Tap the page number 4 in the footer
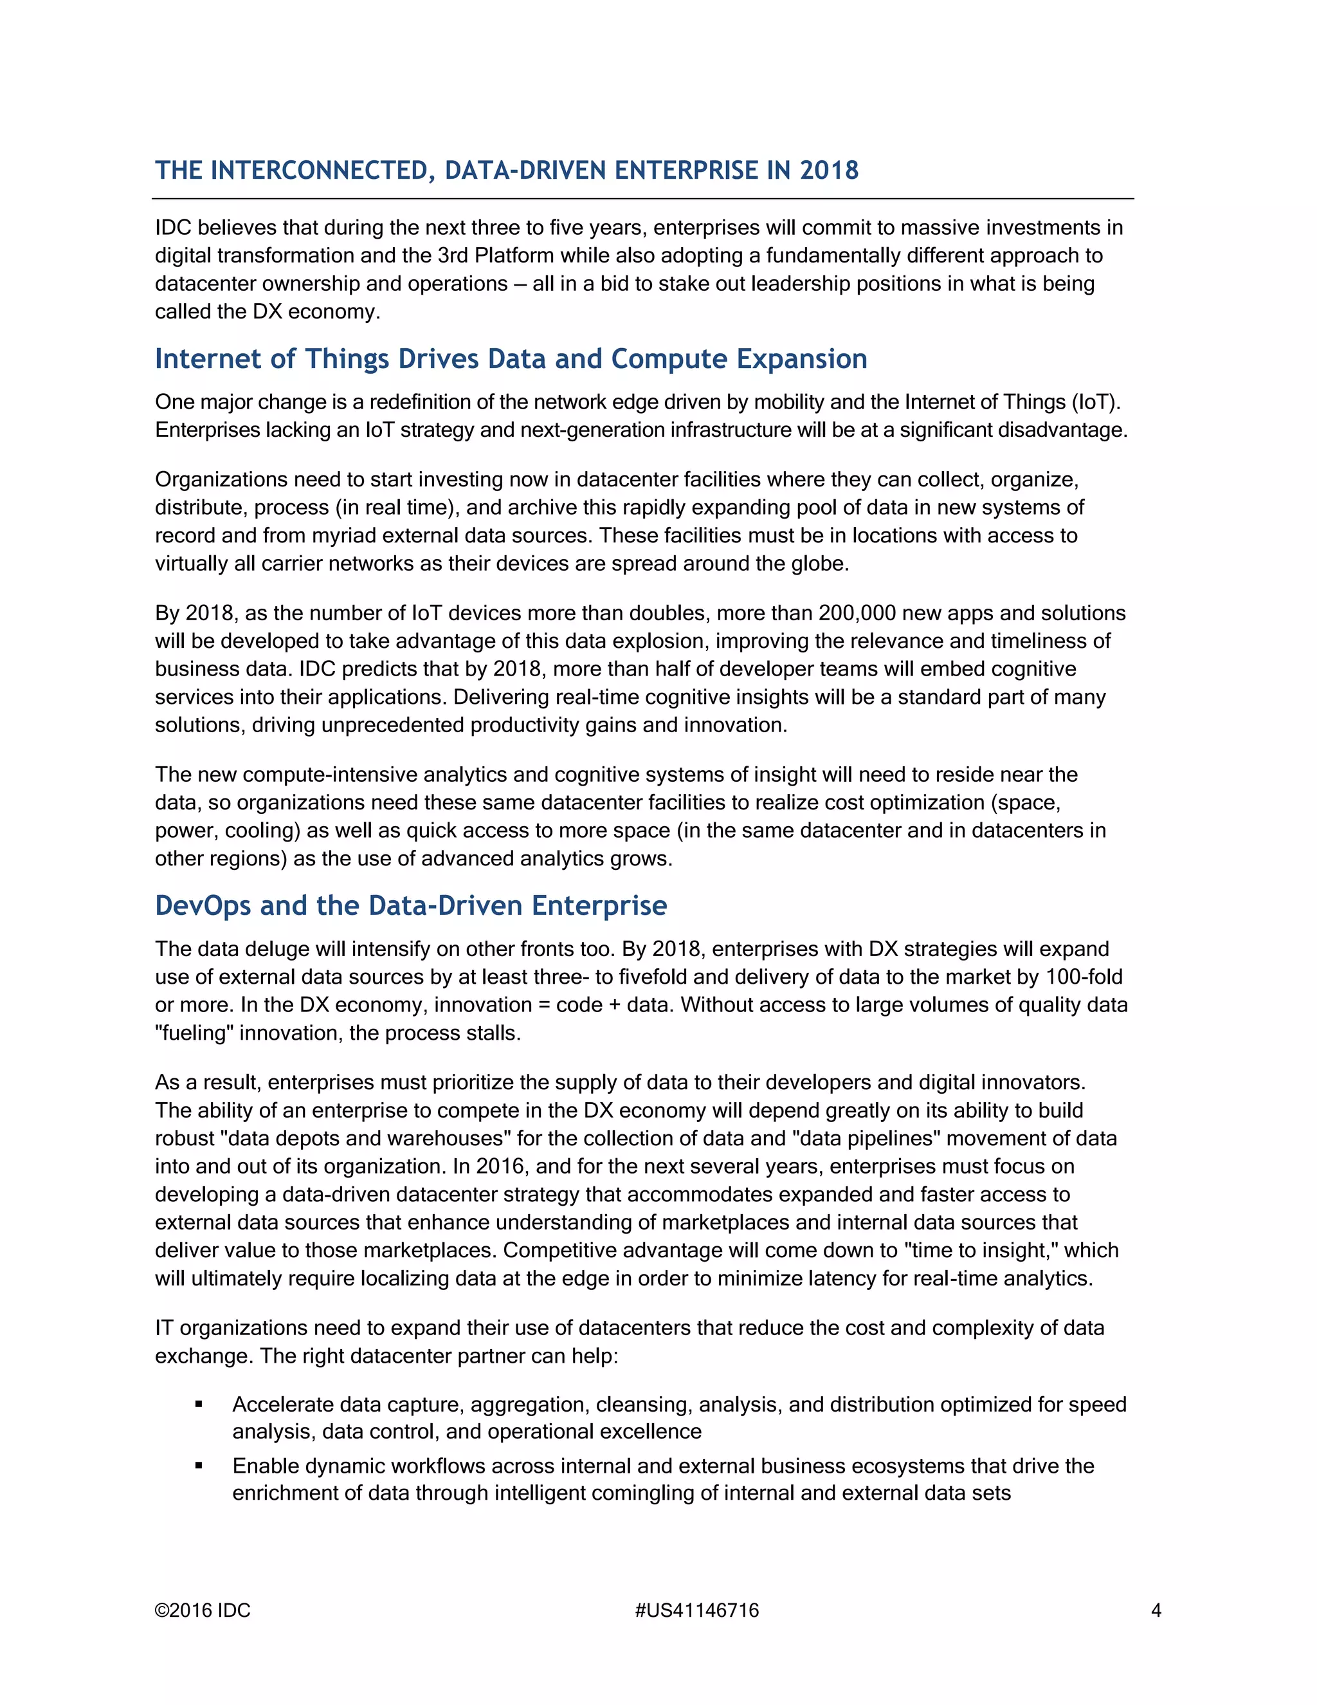click(1156, 1610)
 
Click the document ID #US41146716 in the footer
click(696, 1610)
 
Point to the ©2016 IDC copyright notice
click(203, 1610)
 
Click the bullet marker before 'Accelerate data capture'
click(199, 1405)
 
